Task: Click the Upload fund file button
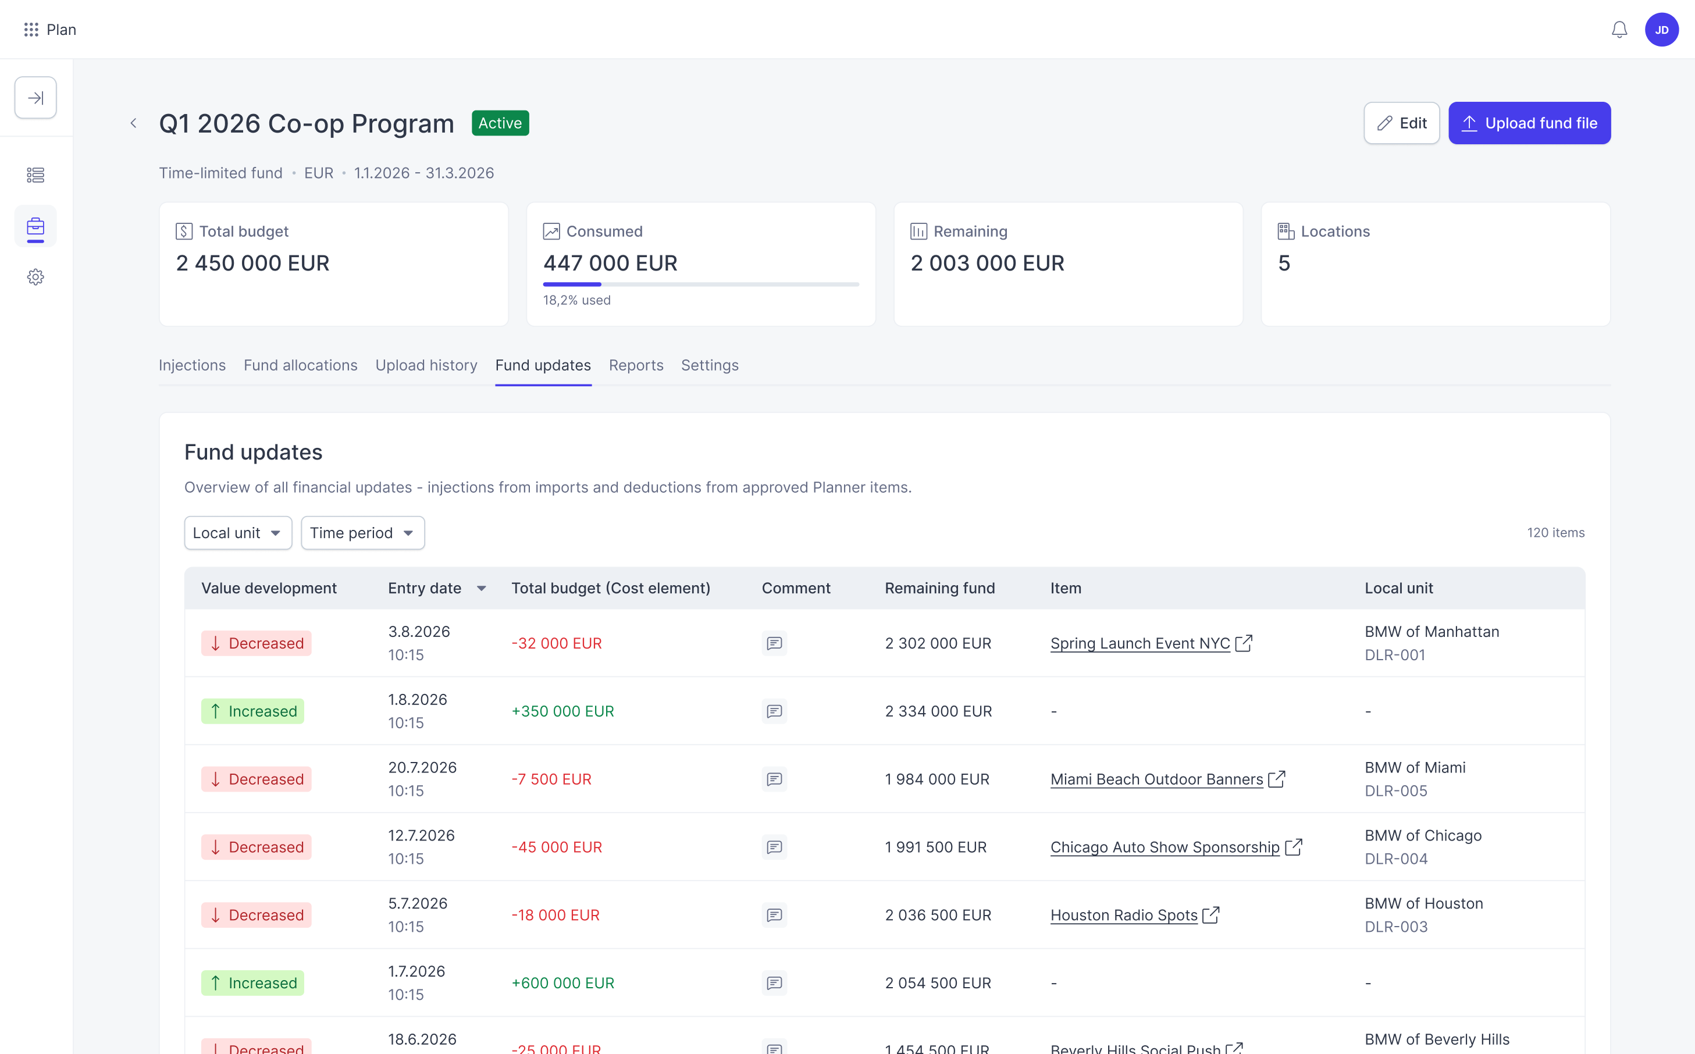[x=1529, y=123]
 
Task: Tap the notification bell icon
[x=1619, y=30]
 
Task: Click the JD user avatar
[x=1661, y=30]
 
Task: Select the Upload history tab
[x=426, y=365]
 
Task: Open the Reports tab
[x=636, y=365]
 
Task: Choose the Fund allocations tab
[x=300, y=365]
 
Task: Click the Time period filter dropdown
[x=362, y=533]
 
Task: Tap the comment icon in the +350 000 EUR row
[x=774, y=711]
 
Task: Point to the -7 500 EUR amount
[x=551, y=779]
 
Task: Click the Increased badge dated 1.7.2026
[x=253, y=983]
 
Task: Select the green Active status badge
[x=500, y=123]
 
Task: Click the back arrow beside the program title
[x=133, y=123]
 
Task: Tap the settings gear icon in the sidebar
[x=35, y=277]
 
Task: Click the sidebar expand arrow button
[x=35, y=98]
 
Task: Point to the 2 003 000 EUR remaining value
[x=988, y=263]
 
